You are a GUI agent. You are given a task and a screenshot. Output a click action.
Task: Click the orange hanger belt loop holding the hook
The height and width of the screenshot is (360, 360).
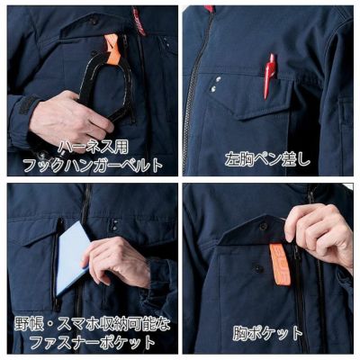(x=111, y=45)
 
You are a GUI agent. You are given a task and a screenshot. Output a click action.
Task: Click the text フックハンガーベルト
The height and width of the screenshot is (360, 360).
(x=90, y=164)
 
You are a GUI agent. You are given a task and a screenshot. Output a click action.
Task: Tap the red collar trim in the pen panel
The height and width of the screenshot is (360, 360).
(x=208, y=8)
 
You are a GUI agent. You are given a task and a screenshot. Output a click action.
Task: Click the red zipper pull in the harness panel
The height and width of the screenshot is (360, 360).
(x=139, y=18)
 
